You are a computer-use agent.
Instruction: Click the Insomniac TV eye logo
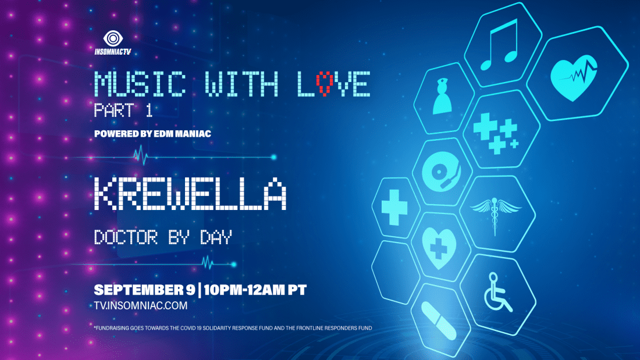click(113, 39)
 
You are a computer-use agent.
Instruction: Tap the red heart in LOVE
click(325, 84)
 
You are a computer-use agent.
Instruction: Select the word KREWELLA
click(190, 194)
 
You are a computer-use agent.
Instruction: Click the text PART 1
click(123, 110)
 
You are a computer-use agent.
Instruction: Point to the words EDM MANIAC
click(183, 134)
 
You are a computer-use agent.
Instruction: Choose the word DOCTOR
click(126, 237)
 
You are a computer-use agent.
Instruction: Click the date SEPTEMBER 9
click(144, 290)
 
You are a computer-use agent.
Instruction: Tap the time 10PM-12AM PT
click(255, 290)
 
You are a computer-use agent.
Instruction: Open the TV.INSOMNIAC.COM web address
click(141, 306)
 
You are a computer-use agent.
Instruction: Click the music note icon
click(500, 45)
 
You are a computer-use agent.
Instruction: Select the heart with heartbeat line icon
click(574, 77)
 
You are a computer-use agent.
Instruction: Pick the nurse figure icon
click(442, 97)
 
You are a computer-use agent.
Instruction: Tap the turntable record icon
click(441, 172)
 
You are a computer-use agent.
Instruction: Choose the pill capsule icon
click(438, 321)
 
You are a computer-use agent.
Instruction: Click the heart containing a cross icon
click(439, 248)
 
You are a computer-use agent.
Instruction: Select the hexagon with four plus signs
click(501, 129)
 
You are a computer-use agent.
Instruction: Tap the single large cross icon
click(394, 208)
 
